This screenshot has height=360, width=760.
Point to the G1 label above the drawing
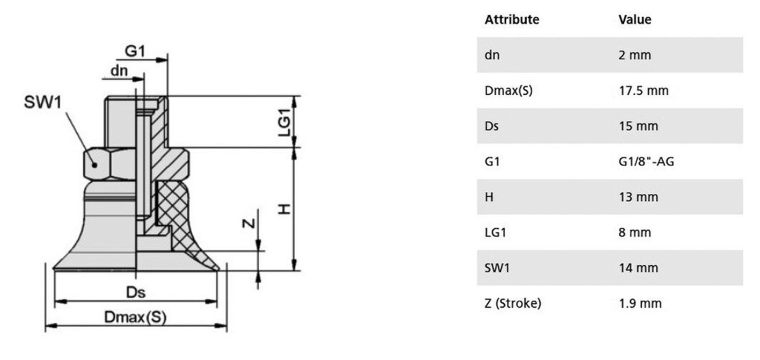click(136, 50)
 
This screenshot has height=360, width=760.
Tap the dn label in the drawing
click(119, 71)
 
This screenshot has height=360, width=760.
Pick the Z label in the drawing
click(248, 223)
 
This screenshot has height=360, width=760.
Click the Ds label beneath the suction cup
click(136, 292)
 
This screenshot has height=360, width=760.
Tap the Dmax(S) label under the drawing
click(135, 318)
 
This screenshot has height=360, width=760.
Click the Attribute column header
click(512, 19)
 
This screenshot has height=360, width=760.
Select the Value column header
click(635, 19)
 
